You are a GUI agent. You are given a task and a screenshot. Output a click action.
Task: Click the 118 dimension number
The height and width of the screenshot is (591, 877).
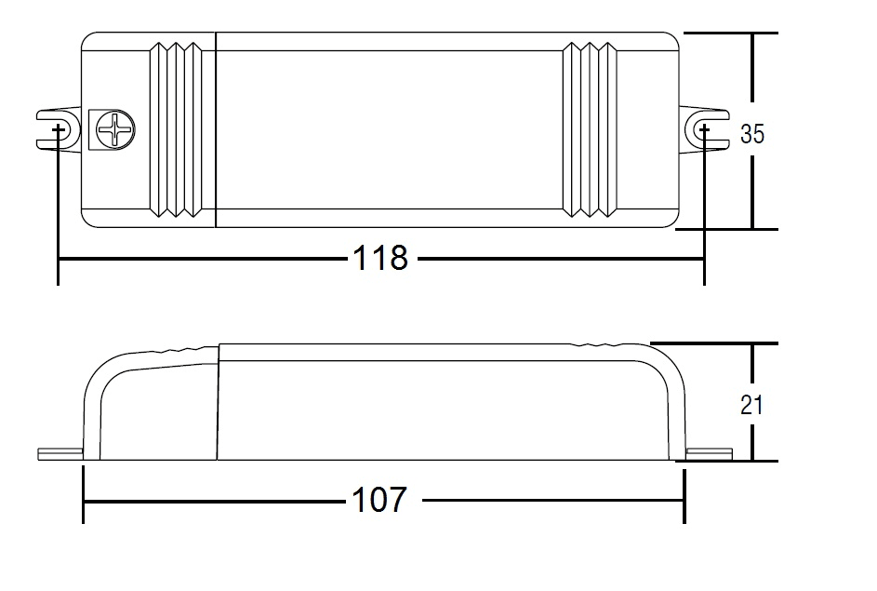coord(380,259)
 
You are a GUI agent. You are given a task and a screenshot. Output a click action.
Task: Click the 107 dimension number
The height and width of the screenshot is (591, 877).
coord(379,500)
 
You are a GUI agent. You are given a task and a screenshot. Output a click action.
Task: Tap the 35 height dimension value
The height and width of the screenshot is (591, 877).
coord(751,134)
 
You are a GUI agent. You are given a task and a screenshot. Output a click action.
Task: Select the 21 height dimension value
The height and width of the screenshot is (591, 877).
coord(751,405)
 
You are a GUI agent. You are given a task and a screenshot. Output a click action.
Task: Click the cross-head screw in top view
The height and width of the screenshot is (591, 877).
coord(115,129)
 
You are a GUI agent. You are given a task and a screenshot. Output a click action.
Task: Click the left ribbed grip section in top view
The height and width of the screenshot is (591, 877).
coord(176,130)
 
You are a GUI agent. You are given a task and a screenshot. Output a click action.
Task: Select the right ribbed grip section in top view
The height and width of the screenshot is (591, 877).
coord(590,130)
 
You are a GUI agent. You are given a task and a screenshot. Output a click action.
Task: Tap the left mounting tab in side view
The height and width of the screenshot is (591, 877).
coord(60,454)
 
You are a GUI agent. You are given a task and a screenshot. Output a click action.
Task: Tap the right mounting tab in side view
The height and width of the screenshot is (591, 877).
coord(710,454)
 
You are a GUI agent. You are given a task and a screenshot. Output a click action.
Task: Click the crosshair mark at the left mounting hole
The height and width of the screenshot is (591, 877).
coord(59,130)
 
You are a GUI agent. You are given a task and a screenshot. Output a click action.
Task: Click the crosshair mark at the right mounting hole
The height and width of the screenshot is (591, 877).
coord(704,130)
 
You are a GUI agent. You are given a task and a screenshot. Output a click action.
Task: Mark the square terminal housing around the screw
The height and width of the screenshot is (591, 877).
coord(112,129)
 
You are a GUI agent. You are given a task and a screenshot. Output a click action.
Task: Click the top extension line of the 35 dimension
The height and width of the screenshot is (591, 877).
coord(730,33)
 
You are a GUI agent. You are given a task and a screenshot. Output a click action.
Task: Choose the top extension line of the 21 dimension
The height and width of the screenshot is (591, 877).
coord(713,343)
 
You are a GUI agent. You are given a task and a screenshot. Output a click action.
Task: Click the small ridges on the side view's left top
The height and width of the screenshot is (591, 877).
coord(178,350)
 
